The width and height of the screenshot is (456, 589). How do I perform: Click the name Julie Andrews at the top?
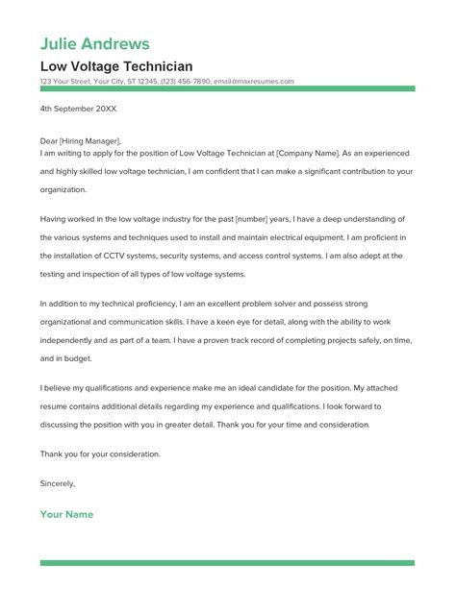click(x=94, y=43)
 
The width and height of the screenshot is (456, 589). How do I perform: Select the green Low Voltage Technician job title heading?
click(x=115, y=66)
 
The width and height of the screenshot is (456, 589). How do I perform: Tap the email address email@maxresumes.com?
click(x=253, y=82)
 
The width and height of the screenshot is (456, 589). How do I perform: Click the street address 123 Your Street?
click(x=68, y=82)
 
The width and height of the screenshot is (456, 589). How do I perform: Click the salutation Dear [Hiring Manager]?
click(x=81, y=140)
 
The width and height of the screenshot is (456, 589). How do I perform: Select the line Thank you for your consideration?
click(x=100, y=453)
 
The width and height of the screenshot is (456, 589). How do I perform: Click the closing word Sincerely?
click(x=57, y=483)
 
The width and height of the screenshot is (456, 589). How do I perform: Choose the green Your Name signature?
click(x=66, y=515)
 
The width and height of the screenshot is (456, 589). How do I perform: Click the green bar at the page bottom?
click(x=227, y=563)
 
